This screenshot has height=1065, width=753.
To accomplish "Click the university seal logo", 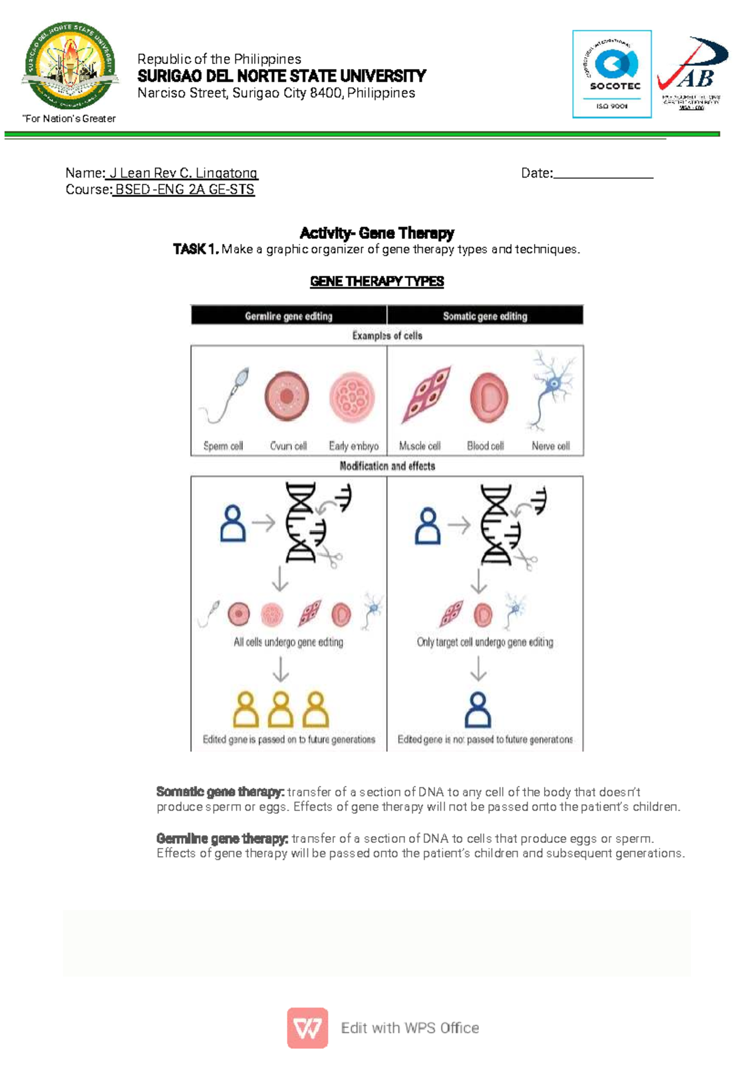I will pyautogui.click(x=70, y=66).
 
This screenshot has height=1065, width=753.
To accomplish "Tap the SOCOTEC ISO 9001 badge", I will pyautogui.click(x=612, y=74).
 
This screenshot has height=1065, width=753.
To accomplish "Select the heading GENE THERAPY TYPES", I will pyautogui.click(x=376, y=282).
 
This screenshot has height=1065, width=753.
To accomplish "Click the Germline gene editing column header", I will pyautogui.click(x=289, y=316).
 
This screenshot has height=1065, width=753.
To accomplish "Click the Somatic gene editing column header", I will pyautogui.click(x=485, y=316).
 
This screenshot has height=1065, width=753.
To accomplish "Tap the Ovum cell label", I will pyautogui.click(x=288, y=446).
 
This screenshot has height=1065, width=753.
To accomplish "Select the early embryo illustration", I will pyautogui.click(x=352, y=398).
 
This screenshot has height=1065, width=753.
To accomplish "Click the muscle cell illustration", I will pyautogui.click(x=427, y=395).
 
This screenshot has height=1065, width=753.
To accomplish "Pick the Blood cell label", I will pyautogui.click(x=485, y=446).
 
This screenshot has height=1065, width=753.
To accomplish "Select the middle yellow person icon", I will pyautogui.click(x=280, y=709).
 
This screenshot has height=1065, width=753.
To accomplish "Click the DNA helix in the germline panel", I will pyautogui.click(x=301, y=522).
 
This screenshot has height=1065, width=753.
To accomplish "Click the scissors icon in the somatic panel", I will pyautogui.click(x=526, y=560).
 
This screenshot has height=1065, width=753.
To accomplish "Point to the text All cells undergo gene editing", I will pyautogui.click(x=288, y=642).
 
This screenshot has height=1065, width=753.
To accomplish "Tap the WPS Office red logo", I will pyautogui.click(x=307, y=1028).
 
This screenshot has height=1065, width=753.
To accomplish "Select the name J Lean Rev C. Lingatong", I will pyautogui.click(x=183, y=173).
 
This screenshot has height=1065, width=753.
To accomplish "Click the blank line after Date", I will pyautogui.click(x=603, y=174).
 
